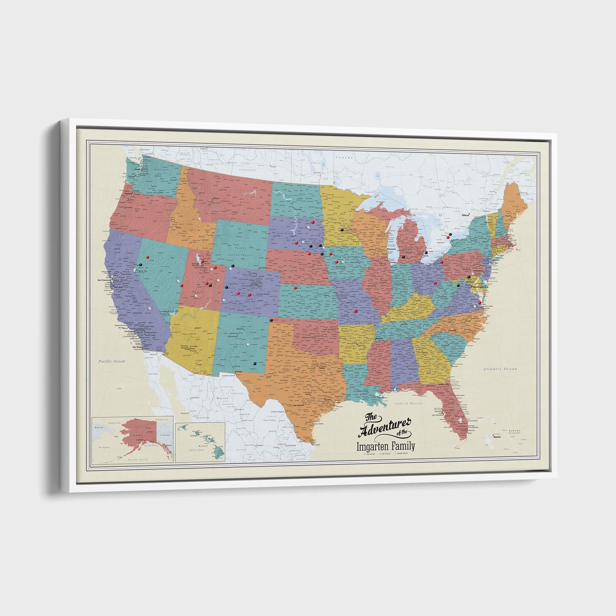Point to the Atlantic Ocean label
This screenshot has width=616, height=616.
[499, 369]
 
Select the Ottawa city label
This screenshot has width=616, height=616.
[466, 216]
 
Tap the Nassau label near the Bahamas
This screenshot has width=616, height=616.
[497, 436]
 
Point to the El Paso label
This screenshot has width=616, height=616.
[239, 372]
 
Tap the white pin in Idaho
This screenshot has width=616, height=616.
[199, 219]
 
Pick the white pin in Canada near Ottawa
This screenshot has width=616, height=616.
[441, 214]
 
